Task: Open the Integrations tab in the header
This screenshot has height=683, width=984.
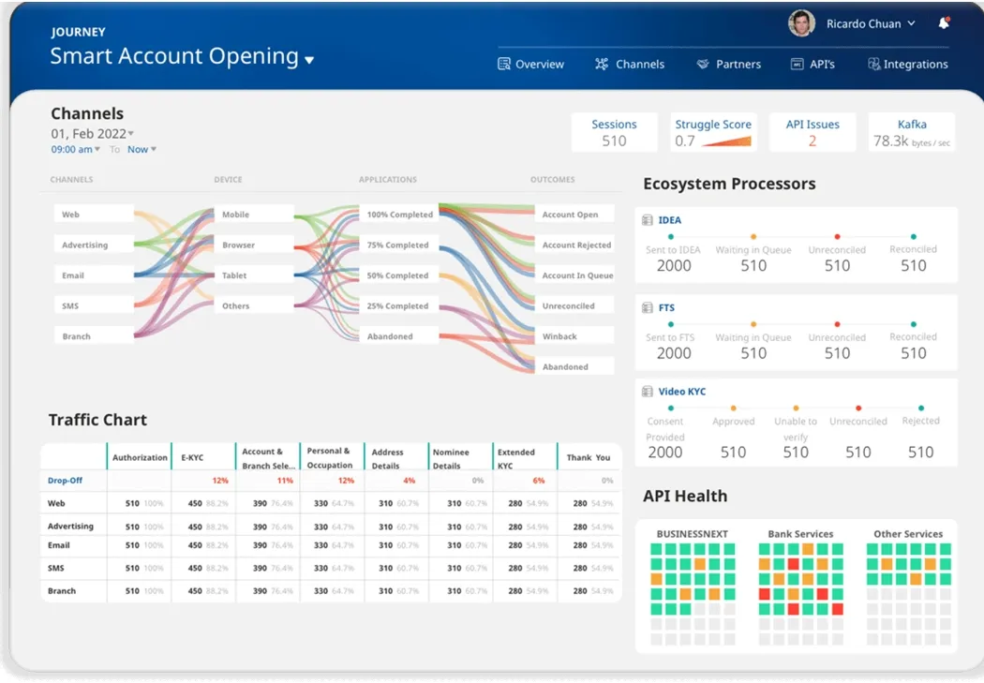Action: tap(908, 65)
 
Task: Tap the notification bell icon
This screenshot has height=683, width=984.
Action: tap(944, 23)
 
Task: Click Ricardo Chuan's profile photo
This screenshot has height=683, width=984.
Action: tap(801, 23)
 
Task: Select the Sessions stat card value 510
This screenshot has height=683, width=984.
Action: tap(614, 141)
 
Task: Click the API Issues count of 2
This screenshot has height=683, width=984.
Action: tap(813, 141)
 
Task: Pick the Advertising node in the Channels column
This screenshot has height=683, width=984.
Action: tap(85, 245)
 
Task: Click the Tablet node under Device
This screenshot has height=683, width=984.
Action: tap(236, 275)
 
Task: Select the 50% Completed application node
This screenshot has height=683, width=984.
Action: tap(399, 275)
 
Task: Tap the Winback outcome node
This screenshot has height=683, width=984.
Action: tap(560, 336)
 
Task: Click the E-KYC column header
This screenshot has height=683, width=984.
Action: tap(192, 458)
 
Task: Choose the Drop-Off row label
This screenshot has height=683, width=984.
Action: tap(66, 481)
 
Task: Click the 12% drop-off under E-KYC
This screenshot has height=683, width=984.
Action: tap(220, 481)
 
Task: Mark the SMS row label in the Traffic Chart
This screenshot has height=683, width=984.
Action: tap(56, 568)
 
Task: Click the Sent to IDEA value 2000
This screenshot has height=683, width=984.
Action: tap(673, 266)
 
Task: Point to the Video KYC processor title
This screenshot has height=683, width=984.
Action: tap(682, 392)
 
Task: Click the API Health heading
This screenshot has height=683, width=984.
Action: tap(685, 497)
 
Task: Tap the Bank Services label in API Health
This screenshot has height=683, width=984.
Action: tap(800, 534)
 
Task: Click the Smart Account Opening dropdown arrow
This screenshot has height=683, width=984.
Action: tap(309, 61)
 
